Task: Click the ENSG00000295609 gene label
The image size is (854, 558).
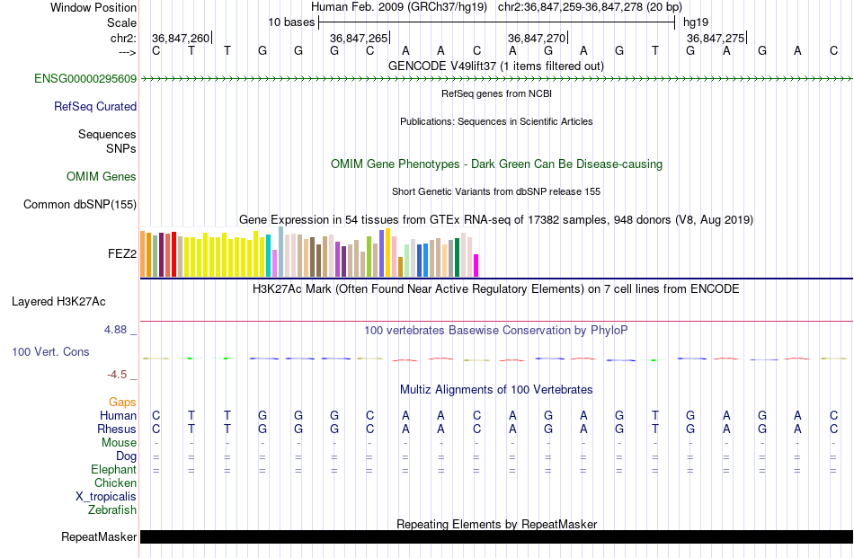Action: click(x=85, y=78)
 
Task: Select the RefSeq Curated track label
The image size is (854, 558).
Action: click(x=95, y=106)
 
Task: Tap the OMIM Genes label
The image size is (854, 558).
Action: click(x=102, y=176)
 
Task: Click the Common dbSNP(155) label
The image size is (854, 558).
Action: click(x=80, y=204)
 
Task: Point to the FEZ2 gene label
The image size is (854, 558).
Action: click(x=122, y=253)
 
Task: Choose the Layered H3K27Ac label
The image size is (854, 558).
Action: click(x=58, y=302)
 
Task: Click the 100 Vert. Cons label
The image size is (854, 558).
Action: click(x=50, y=351)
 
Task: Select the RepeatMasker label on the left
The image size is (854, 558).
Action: click(x=99, y=536)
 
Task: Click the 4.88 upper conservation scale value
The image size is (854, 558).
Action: click(x=115, y=330)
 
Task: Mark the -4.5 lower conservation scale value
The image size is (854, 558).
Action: click(x=117, y=375)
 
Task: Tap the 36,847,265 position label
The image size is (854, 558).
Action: click(x=359, y=38)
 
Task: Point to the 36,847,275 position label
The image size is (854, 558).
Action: click(x=716, y=38)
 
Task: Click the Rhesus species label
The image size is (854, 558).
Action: click(x=117, y=429)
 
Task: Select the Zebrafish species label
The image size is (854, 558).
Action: click(x=112, y=510)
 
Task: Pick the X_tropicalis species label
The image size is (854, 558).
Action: click(x=106, y=497)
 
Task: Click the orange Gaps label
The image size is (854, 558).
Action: click(x=122, y=402)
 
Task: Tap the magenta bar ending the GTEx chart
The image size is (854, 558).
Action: click(x=476, y=266)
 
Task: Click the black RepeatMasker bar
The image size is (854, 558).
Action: click(x=497, y=536)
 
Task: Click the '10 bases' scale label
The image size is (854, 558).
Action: click(x=291, y=22)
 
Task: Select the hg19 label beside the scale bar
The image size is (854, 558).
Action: click(x=696, y=22)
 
